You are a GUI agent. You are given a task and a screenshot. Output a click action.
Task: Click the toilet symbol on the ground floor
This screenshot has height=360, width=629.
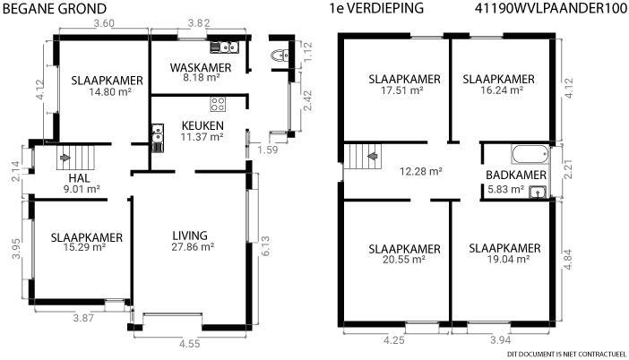(x=280, y=55)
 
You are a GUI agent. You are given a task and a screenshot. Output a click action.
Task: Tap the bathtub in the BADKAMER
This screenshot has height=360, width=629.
(x=530, y=154)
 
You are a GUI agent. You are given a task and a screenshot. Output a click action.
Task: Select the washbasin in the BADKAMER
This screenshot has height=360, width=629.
(x=537, y=193)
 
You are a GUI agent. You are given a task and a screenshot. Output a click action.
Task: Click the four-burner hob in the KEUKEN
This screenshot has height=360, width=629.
(x=218, y=104)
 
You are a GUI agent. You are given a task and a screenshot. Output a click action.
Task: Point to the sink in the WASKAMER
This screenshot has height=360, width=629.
(x=225, y=47)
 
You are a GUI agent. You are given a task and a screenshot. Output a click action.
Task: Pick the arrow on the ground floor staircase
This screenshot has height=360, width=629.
(x=65, y=158)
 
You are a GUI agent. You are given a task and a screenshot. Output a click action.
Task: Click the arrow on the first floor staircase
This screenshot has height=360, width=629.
(x=374, y=156)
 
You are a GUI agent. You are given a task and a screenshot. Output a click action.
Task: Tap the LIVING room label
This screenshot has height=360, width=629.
(x=190, y=236)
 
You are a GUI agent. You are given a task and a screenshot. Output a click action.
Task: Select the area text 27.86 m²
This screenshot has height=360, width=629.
(x=193, y=246)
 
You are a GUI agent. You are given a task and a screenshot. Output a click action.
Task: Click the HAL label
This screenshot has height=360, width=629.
(x=79, y=178)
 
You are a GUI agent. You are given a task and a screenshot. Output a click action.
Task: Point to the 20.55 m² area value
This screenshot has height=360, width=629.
(x=404, y=260)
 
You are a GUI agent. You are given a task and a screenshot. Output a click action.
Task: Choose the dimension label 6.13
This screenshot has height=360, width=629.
(x=265, y=246)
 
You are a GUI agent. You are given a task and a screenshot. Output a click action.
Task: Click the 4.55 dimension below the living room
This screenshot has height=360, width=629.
(x=189, y=344)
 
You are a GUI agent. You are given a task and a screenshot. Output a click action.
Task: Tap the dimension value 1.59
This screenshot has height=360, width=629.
(x=268, y=150)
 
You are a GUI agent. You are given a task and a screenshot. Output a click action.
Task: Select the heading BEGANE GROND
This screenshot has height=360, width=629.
(x=55, y=9)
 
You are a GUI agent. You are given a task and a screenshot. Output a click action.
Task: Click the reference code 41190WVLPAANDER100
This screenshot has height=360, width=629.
(x=550, y=8)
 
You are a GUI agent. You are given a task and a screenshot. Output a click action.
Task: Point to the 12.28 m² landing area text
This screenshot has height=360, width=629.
(x=421, y=172)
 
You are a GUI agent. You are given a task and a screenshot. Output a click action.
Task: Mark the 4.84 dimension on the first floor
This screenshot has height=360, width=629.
(x=568, y=260)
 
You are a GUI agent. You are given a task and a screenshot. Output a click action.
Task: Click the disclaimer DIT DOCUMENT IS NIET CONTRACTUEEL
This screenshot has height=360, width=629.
(x=566, y=354)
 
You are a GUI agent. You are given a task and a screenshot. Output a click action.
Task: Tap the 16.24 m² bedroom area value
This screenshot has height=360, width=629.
(x=502, y=90)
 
